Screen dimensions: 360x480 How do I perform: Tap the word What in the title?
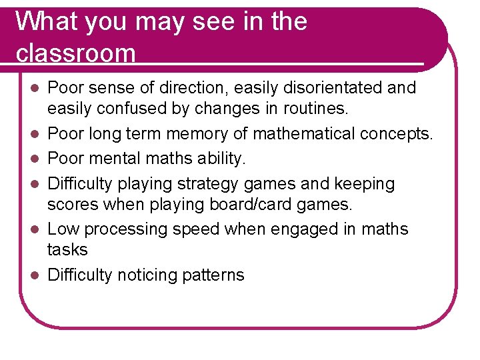click(42, 21)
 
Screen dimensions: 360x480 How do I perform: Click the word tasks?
click(68, 249)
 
